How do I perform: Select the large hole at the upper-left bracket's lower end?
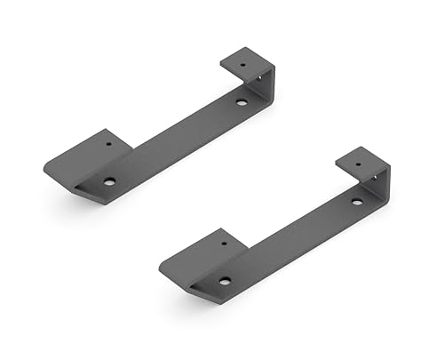tap(109, 181)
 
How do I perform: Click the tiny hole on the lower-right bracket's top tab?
tap(360, 162)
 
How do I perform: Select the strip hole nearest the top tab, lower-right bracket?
tap(356, 202)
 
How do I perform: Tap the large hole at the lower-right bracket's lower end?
tap(225, 281)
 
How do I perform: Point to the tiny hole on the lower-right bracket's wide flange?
tap(224, 240)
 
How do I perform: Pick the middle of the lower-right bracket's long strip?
tap(293, 240)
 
